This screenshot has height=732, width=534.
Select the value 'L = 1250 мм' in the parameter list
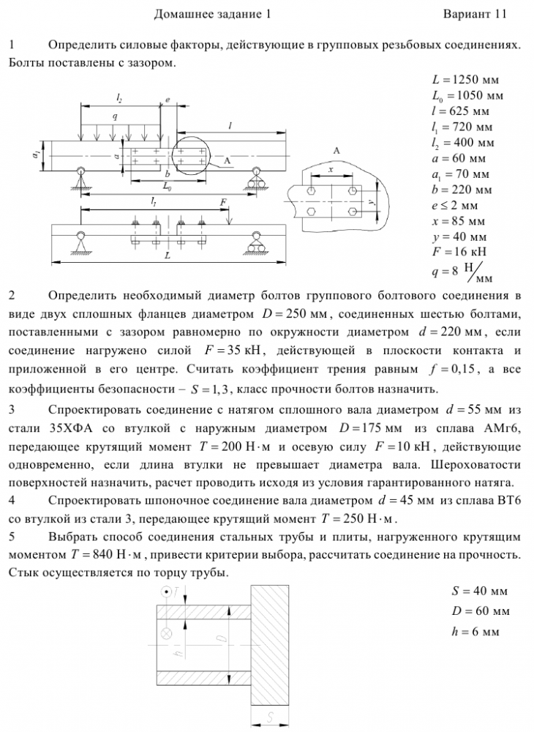(x=465, y=80)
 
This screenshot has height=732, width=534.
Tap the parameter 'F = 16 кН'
(x=459, y=253)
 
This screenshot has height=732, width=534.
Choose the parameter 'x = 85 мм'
(x=459, y=221)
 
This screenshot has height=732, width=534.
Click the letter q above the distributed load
(x=116, y=116)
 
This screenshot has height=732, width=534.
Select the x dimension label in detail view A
(x=331, y=169)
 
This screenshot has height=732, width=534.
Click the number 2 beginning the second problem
(x=12, y=296)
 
